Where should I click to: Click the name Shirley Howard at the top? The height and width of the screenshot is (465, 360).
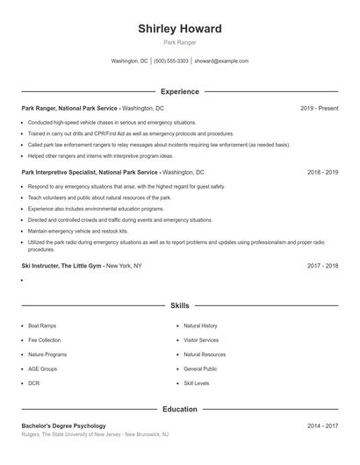pyautogui.click(x=180, y=29)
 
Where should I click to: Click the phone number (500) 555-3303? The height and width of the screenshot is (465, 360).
pyautogui.click(x=171, y=61)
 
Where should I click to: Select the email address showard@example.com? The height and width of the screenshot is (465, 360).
pyautogui.click(x=221, y=61)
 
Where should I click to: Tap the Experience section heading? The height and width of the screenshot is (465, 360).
pyautogui.click(x=180, y=91)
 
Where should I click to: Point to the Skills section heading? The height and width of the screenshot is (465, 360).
pyautogui.click(x=180, y=306)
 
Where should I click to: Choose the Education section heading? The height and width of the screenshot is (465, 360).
pyautogui.click(x=180, y=409)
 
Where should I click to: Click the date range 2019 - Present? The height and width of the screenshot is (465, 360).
pyautogui.click(x=319, y=108)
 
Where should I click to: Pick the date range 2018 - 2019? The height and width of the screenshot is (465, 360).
pyautogui.click(x=322, y=173)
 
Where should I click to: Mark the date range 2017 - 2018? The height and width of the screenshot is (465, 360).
pyautogui.click(x=322, y=265)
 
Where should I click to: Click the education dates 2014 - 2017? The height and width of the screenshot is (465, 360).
pyautogui.click(x=322, y=426)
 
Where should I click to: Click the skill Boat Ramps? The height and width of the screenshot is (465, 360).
pyautogui.click(x=42, y=325)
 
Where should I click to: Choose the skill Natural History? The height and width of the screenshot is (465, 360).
pyautogui.click(x=200, y=325)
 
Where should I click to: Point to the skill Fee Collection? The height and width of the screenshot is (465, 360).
pyautogui.click(x=44, y=340)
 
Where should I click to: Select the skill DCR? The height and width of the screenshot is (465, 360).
pyautogui.click(x=34, y=384)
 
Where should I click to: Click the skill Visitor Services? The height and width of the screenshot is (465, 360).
pyautogui.click(x=201, y=340)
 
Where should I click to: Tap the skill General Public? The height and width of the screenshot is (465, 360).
pyautogui.click(x=200, y=369)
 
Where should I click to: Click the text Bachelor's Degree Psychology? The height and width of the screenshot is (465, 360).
pyautogui.click(x=63, y=426)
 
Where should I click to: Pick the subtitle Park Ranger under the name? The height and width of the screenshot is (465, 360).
pyautogui.click(x=180, y=42)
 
